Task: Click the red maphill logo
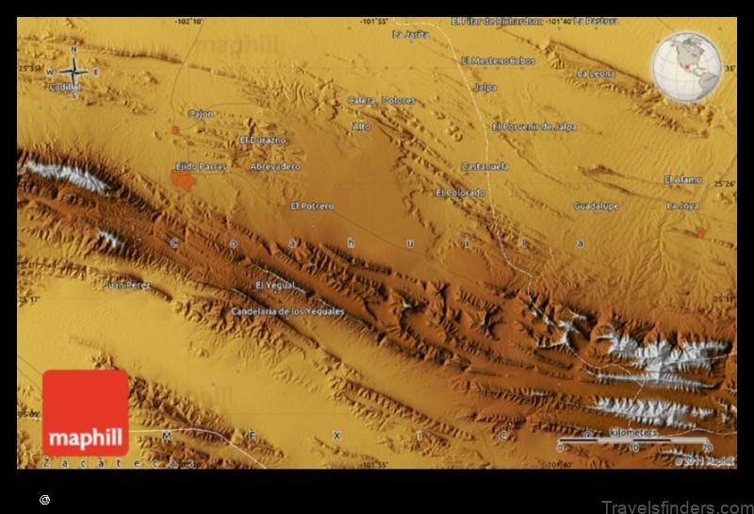point(85,413)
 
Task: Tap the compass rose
point(73,71)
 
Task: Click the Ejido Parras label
point(202,165)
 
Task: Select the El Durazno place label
point(262,140)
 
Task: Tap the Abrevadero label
point(275,166)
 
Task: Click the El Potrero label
point(312,205)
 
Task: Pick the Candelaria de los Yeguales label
point(287,310)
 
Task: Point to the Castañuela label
point(484,166)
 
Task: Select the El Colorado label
point(460,192)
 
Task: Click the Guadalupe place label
point(596,205)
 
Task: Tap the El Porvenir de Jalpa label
point(534,126)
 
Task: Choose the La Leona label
point(596,74)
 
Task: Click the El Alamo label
point(682,179)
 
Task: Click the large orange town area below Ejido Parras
point(183,179)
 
